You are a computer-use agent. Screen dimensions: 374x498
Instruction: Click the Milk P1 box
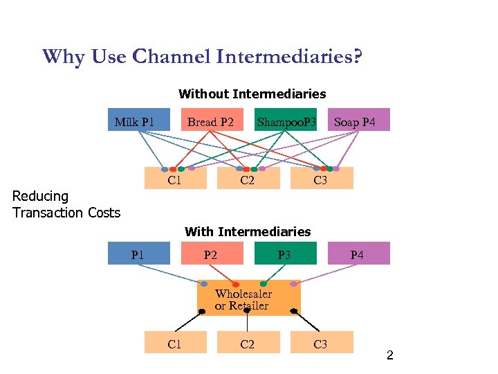[x=139, y=120]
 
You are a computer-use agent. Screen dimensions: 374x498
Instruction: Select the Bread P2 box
[x=210, y=120]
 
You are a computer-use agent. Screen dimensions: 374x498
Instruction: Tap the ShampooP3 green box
[x=286, y=120]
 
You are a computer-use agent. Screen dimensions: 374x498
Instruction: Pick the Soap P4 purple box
[x=358, y=120]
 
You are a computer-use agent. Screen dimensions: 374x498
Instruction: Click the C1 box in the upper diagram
[x=175, y=179]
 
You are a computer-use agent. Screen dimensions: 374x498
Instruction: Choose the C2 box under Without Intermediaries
[x=248, y=179]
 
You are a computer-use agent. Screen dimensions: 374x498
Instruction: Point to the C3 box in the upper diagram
[x=321, y=179]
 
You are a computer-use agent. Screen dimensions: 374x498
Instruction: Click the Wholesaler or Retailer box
[x=249, y=299]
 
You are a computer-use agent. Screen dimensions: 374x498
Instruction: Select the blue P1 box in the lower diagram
[x=139, y=253]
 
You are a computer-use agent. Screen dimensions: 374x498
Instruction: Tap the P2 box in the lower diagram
[x=210, y=253]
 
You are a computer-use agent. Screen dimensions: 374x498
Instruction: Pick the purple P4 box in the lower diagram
[x=358, y=253]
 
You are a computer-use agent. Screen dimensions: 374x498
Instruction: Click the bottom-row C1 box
[x=175, y=343]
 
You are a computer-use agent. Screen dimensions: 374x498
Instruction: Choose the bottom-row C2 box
[x=248, y=343]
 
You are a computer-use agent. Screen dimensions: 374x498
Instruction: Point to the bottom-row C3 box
[x=321, y=343]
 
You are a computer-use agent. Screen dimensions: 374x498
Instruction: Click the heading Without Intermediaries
[x=252, y=93]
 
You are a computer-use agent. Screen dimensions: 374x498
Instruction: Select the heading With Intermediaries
[x=248, y=232]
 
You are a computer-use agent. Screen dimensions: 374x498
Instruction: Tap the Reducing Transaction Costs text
[x=66, y=204]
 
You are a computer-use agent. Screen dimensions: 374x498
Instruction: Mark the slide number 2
[x=389, y=356]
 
